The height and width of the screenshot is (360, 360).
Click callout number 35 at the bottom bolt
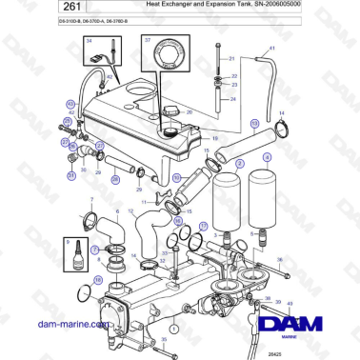163,338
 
